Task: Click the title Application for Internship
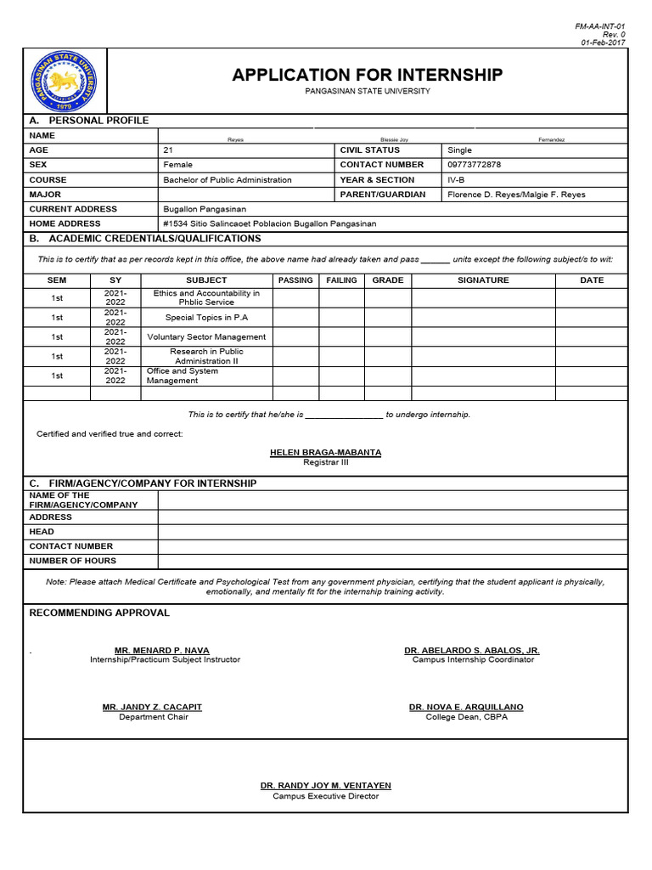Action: [x=367, y=76]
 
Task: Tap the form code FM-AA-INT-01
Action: [x=600, y=26]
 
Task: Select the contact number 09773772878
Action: [x=474, y=165]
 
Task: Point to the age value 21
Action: [x=168, y=150]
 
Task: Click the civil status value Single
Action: [x=459, y=150]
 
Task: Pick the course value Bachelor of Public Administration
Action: [x=227, y=180]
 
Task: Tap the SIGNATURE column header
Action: [x=483, y=280]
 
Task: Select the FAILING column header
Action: [x=341, y=280]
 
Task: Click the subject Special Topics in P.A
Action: [x=206, y=318]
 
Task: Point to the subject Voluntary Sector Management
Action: [x=206, y=337]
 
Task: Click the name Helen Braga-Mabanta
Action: [x=325, y=453]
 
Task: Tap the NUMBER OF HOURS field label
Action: [x=73, y=561]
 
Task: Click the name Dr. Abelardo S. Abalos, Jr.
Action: [x=472, y=650]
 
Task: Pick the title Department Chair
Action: [x=154, y=717]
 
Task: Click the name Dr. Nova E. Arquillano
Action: [x=466, y=707]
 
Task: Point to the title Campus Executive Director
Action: [x=325, y=796]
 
